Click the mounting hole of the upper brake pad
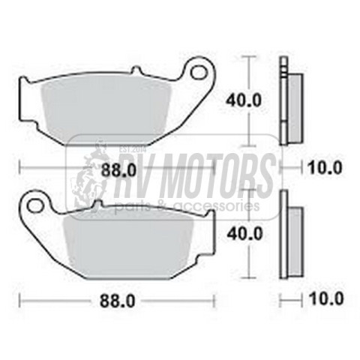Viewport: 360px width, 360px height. [198, 71]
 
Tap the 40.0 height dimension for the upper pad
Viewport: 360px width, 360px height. [243, 100]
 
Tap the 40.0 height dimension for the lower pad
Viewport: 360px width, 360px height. [244, 233]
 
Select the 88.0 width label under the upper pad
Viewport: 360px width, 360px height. [118, 171]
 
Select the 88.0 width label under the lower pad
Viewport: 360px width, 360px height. [118, 301]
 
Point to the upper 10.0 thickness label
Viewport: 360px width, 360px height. [325, 167]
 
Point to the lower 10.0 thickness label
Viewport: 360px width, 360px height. [326, 298]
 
